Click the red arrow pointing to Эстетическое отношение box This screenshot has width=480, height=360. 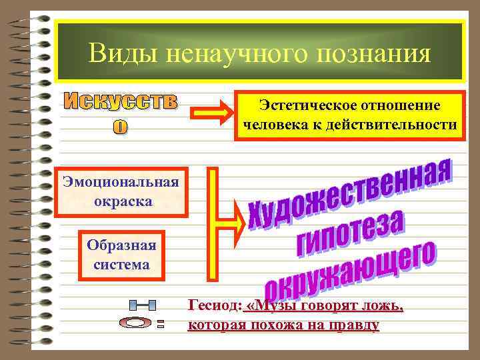(211, 114)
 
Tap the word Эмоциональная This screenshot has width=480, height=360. (121, 182)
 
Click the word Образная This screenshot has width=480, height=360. (121, 245)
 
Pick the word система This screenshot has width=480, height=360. (121, 264)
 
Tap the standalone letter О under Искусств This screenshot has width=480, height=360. (121, 127)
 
